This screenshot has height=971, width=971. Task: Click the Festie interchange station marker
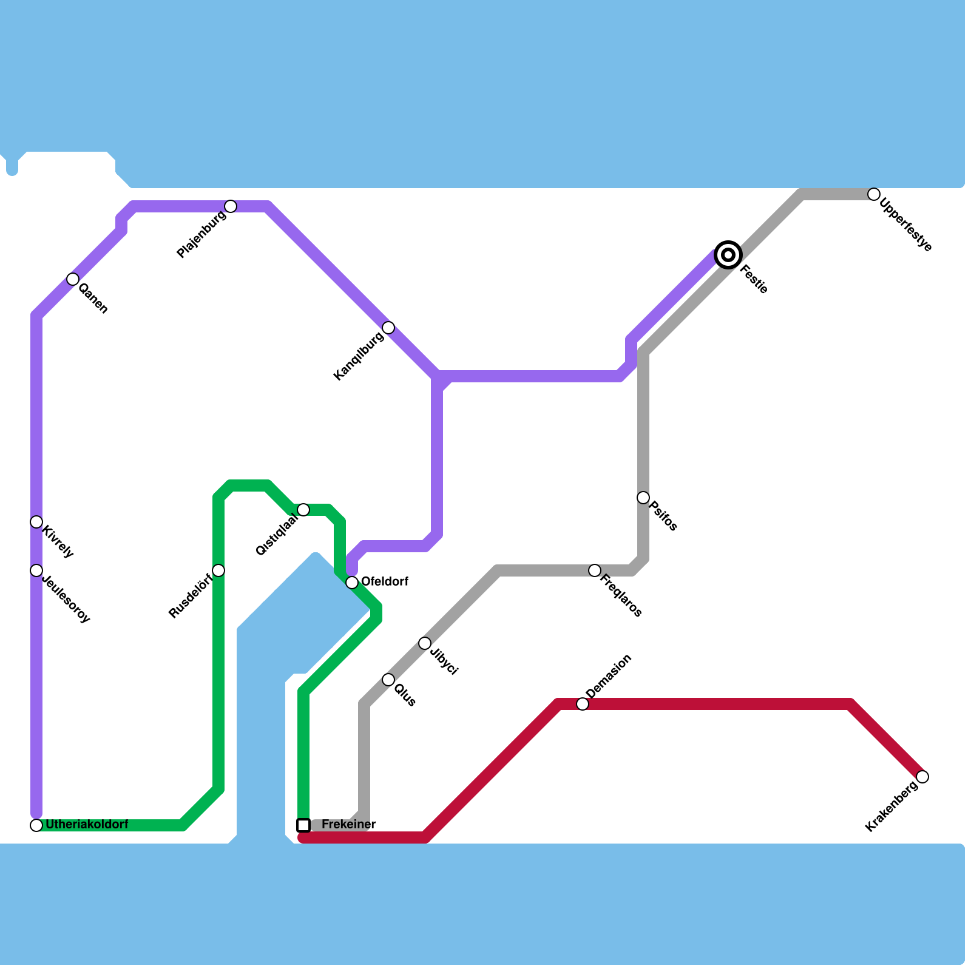click(x=728, y=255)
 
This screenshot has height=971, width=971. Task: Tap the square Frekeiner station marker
click(x=303, y=825)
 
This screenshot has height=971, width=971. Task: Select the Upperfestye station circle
click(x=874, y=194)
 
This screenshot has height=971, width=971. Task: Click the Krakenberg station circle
click(x=922, y=777)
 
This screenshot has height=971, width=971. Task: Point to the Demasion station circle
click(x=583, y=704)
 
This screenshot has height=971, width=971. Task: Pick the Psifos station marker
click(x=643, y=498)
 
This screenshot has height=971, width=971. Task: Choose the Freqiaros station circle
click(x=595, y=570)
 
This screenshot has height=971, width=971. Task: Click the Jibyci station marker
click(x=425, y=643)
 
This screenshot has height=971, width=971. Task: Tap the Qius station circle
click(x=388, y=680)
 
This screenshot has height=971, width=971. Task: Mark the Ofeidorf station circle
click(x=352, y=583)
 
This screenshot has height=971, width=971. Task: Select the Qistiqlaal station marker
click(x=303, y=510)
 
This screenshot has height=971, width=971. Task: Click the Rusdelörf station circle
click(x=218, y=570)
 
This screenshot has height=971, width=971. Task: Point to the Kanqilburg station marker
click(x=388, y=328)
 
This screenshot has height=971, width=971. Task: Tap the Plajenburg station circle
click(x=231, y=206)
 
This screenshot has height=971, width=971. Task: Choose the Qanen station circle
click(x=73, y=279)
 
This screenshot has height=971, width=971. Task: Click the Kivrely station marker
click(x=36, y=522)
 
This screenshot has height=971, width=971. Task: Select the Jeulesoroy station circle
click(x=36, y=570)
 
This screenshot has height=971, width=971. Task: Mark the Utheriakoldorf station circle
click(x=36, y=825)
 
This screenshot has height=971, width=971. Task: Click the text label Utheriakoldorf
click(x=87, y=825)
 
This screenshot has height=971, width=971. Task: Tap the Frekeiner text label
click(x=348, y=825)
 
